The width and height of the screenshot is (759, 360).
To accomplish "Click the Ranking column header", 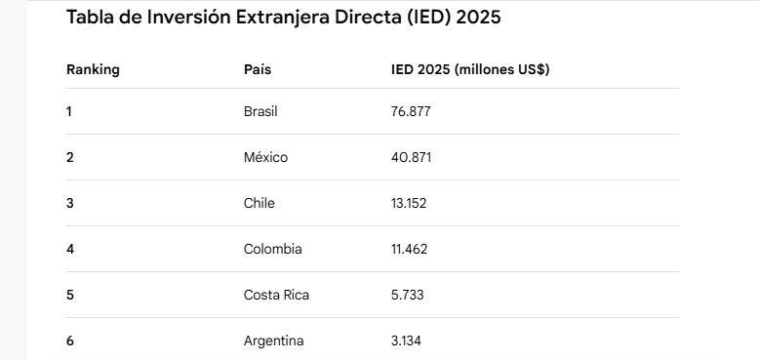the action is tap(93, 69).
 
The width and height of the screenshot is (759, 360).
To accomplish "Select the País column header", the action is tap(258, 69).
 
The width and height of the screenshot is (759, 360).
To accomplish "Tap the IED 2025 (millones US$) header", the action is tap(470, 69).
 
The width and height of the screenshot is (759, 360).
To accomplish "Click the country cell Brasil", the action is tap(260, 112).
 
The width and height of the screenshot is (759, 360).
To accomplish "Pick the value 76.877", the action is tap(411, 112).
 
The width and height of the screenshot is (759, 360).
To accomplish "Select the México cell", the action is tap(265, 157).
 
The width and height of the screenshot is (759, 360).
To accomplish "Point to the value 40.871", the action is tap(411, 157).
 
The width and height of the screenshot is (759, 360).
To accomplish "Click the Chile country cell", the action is tap(259, 203).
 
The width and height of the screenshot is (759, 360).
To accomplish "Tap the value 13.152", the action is tap(409, 203).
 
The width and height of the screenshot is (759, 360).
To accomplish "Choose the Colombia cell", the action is tap(273, 249).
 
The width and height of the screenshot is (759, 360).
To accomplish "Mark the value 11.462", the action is tap(409, 249).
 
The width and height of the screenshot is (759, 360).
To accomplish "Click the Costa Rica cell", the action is tap(276, 295).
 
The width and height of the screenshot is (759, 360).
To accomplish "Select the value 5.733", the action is tap(407, 296).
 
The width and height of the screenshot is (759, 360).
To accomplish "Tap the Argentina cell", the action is tap(273, 340).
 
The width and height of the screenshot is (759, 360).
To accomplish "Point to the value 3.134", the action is tap(406, 341).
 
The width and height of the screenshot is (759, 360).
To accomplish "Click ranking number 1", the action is tap(68, 112).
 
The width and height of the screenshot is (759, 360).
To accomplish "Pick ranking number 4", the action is tap(70, 249).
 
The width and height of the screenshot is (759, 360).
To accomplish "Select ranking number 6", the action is tap(70, 341).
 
